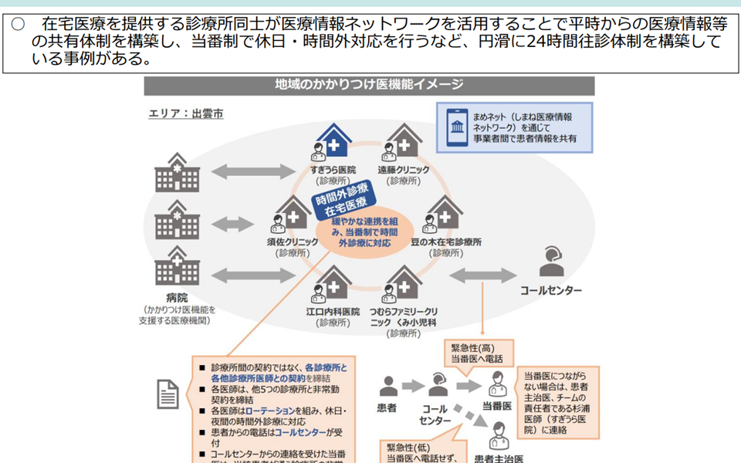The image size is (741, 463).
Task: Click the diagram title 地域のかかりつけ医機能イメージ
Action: pyautogui.click(x=369, y=85)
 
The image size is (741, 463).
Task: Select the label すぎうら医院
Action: pyautogui.click(x=333, y=170)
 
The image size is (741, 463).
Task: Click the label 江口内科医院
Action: pyautogui.click(x=333, y=311)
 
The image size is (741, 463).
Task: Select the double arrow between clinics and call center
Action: pyautogui.click(x=483, y=275)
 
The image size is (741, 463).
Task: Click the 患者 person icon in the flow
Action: pyautogui.click(x=388, y=387)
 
